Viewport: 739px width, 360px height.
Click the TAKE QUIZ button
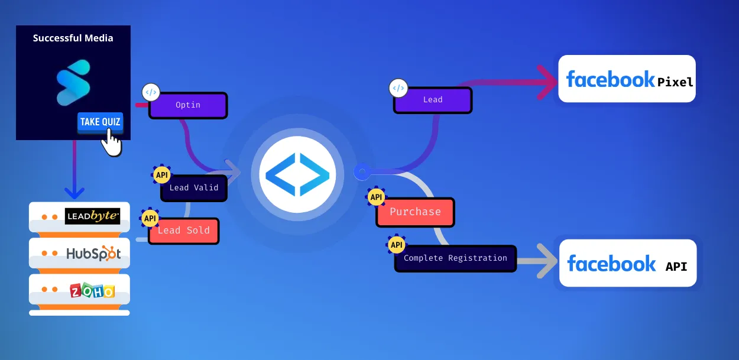coord(100,122)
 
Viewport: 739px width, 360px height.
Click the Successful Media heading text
coord(73,38)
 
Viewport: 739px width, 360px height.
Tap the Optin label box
coord(188,105)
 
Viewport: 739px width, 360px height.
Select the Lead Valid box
coord(194,188)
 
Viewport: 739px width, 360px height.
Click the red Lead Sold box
coord(183,231)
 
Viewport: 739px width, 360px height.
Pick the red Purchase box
coord(415,212)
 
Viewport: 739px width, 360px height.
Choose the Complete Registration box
coord(455,258)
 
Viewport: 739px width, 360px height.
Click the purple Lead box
coord(433,100)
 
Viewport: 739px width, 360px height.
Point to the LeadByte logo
coord(92,216)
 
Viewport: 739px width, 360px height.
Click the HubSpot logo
coord(93,254)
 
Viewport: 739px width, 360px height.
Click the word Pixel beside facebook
coord(675,82)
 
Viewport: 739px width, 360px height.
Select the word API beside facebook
coord(676,267)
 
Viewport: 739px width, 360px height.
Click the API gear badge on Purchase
coord(375,197)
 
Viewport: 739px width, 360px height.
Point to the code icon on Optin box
coord(151,92)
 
